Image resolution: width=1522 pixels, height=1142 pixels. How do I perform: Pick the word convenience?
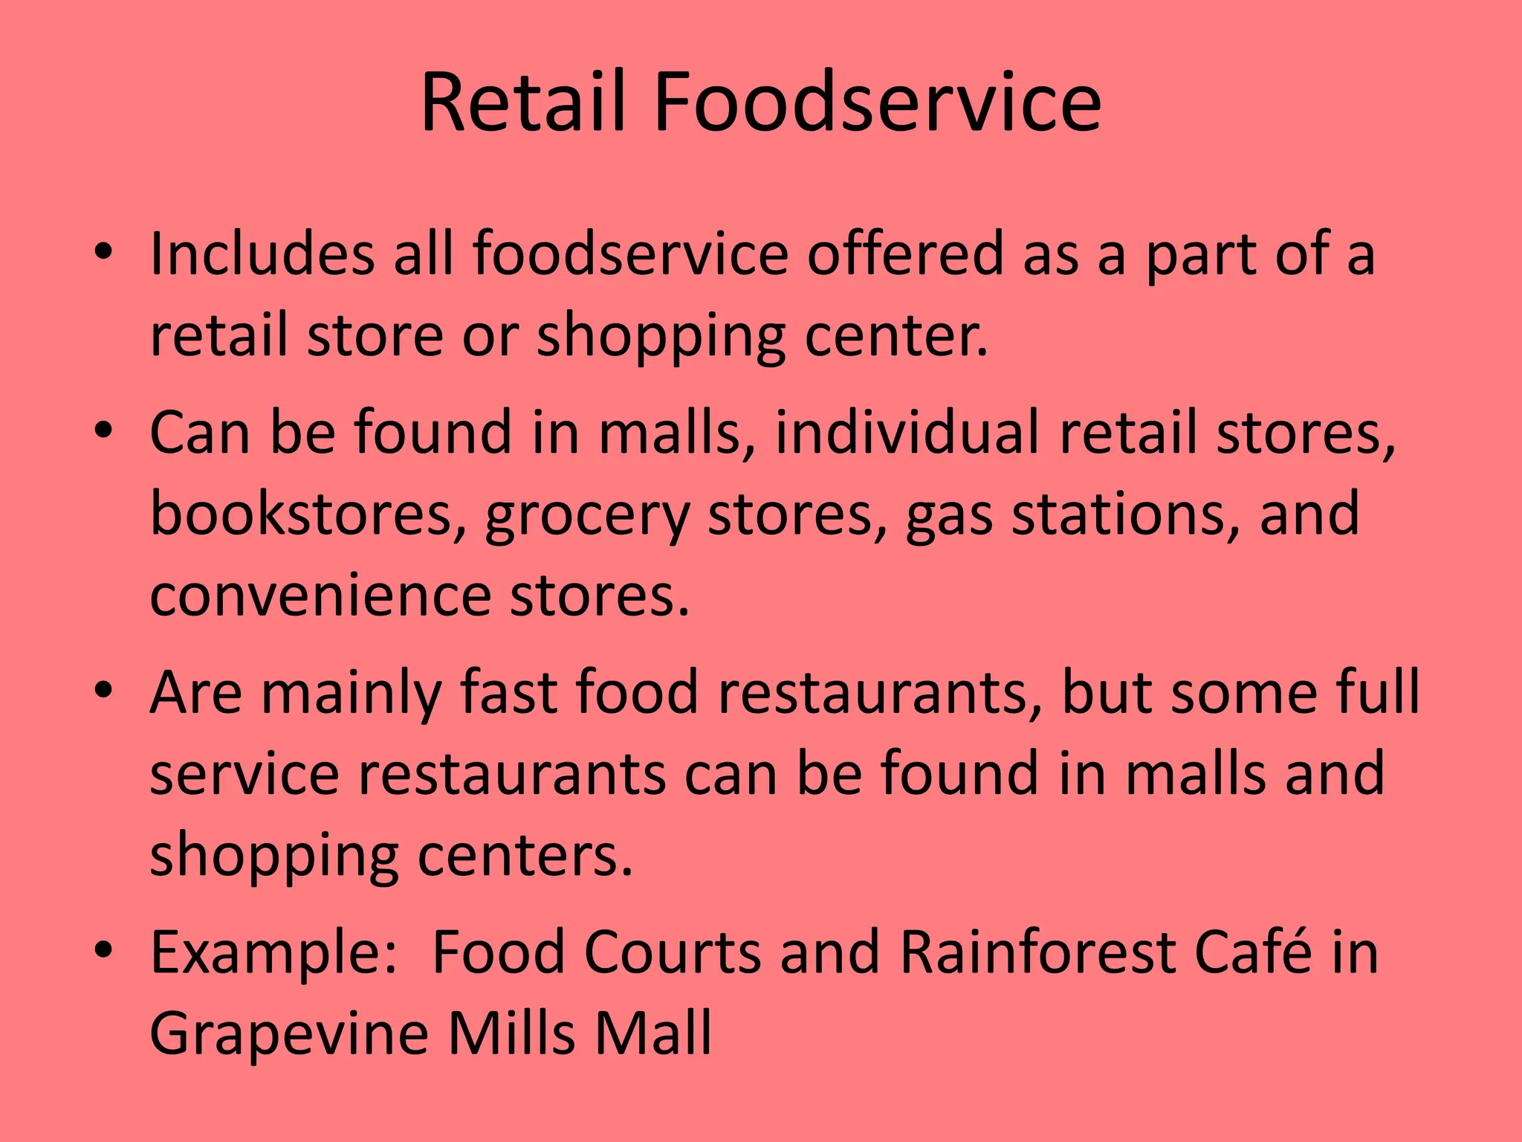[320, 596]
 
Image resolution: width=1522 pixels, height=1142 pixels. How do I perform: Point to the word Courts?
[673, 952]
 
